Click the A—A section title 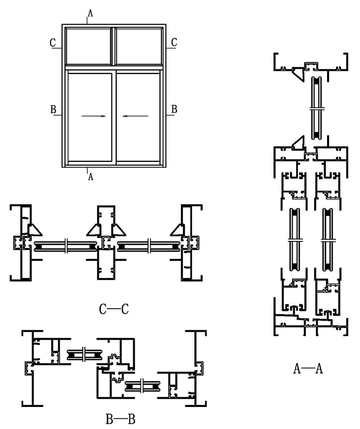[x=308, y=368]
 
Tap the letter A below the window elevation [x=91, y=176]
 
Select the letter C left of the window [x=52, y=43]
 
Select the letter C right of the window [x=174, y=43]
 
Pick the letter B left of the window [x=52, y=109]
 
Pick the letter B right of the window [x=174, y=109]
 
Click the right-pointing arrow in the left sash [x=94, y=117]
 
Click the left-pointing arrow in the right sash [x=135, y=117]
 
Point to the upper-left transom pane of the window [x=89, y=46]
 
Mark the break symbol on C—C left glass [x=66, y=246]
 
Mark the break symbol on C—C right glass [x=149, y=246]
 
